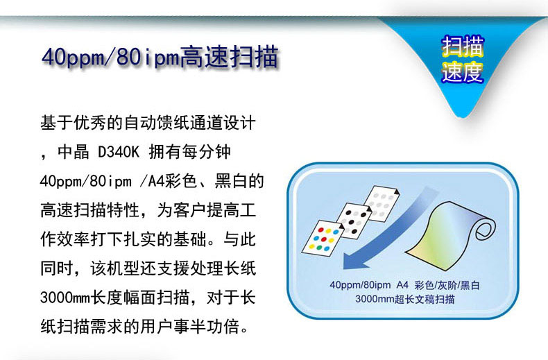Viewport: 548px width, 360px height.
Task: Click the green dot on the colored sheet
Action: point(319,247)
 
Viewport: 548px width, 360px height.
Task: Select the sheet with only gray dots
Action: point(381,203)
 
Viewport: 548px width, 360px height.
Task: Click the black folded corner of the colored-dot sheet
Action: point(341,227)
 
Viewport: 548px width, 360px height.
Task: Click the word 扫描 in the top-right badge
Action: point(462,46)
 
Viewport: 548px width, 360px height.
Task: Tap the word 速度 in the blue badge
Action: point(462,72)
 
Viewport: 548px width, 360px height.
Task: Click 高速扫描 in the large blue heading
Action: point(230,56)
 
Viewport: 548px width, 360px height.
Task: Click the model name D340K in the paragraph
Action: point(119,152)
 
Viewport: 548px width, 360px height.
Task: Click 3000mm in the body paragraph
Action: point(65,298)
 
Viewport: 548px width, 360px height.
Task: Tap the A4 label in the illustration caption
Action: point(402,285)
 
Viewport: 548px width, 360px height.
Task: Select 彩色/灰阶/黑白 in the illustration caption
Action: point(447,285)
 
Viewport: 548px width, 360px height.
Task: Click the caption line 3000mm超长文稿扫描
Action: point(404,299)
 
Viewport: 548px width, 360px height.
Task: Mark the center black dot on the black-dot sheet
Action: point(351,222)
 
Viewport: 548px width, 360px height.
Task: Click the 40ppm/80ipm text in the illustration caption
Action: point(360,285)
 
